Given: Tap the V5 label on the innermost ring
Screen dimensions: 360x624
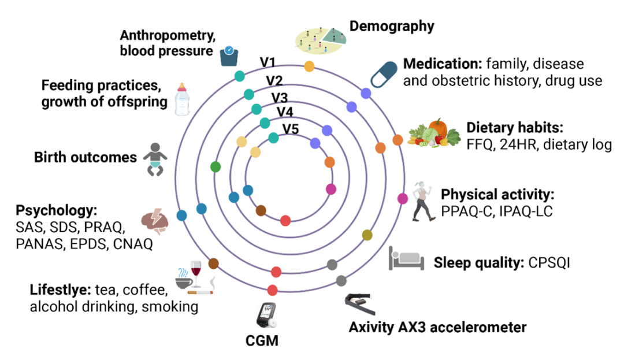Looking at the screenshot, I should click(290, 129).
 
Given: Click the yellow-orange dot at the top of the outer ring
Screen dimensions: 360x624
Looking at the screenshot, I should click(309, 66).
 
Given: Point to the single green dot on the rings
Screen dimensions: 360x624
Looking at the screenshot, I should click(216, 168).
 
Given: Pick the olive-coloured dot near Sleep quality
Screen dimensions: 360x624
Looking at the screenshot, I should click(367, 235).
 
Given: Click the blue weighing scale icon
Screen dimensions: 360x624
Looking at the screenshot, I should click(229, 56).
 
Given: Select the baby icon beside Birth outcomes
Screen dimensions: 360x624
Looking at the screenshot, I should click(154, 159).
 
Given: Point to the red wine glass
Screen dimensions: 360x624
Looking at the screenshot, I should click(196, 272).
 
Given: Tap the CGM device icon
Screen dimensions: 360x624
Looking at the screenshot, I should click(265, 316).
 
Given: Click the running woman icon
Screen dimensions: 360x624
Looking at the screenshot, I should click(422, 199).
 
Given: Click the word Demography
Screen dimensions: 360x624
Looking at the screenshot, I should click(392, 25).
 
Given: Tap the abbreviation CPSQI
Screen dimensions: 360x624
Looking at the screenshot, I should click(549, 263).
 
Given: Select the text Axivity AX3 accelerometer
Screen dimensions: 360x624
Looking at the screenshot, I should click(437, 328).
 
